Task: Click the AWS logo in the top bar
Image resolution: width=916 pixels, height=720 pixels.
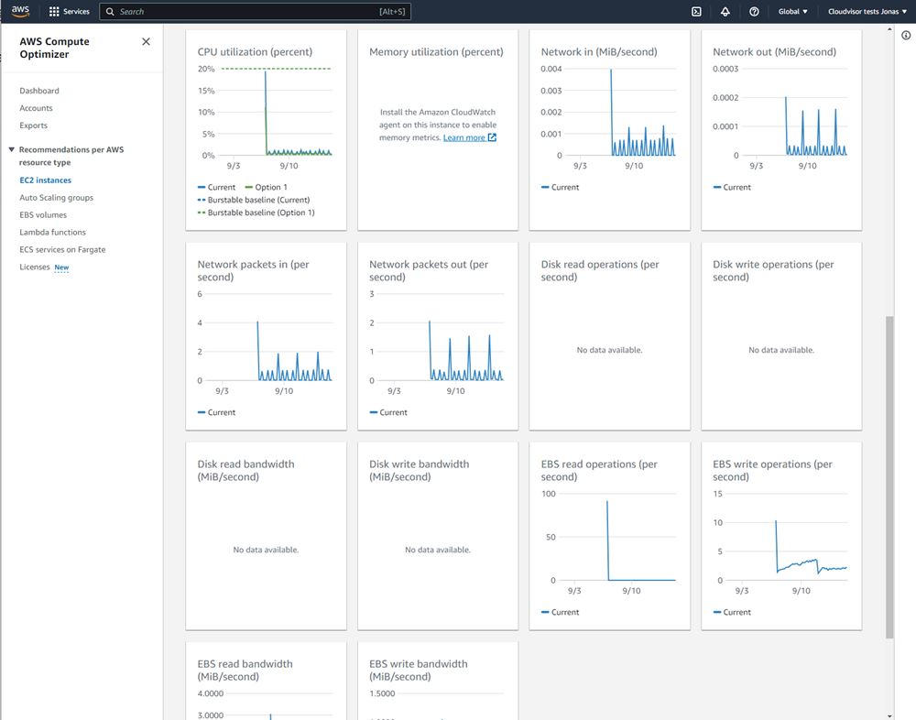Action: click(x=20, y=11)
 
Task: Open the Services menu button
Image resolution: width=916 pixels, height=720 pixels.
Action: click(x=70, y=12)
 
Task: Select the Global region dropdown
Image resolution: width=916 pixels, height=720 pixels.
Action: click(x=792, y=12)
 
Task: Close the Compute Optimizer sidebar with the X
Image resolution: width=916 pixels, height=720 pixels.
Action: click(x=146, y=41)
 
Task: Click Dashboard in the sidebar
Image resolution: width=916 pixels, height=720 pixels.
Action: click(x=39, y=91)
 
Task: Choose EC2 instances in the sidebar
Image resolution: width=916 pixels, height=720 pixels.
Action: click(x=45, y=180)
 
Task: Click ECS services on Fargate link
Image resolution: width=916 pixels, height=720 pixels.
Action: click(x=62, y=250)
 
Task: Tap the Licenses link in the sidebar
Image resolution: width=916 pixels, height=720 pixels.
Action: click(x=35, y=267)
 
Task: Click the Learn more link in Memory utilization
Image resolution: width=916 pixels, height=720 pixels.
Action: click(x=464, y=137)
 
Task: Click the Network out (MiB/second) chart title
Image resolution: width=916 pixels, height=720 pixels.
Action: click(x=774, y=52)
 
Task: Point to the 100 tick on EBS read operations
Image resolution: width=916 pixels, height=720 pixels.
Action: click(x=549, y=494)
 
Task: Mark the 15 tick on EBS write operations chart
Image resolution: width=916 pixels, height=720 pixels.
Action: click(x=718, y=494)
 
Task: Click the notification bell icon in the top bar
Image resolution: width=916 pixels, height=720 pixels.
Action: click(x=725, y=12)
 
